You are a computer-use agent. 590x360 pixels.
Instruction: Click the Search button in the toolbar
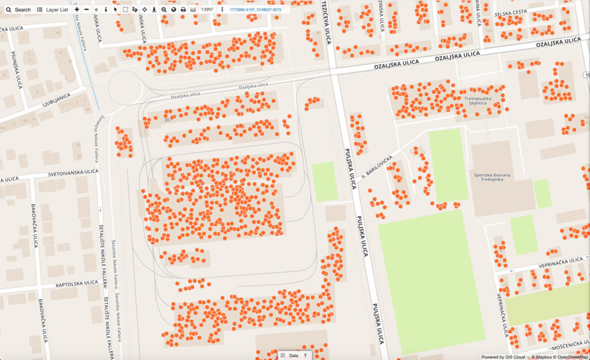click(18, 10)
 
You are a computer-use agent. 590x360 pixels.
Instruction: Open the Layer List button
click(52, 10)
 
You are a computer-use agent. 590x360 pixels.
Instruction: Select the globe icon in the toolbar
click(173, 10)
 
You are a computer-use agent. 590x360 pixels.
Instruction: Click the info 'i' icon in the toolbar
click(105, 10)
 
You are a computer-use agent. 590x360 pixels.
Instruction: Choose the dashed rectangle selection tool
click(125, 10)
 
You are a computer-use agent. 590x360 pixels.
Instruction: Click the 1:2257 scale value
click(207, 10)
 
